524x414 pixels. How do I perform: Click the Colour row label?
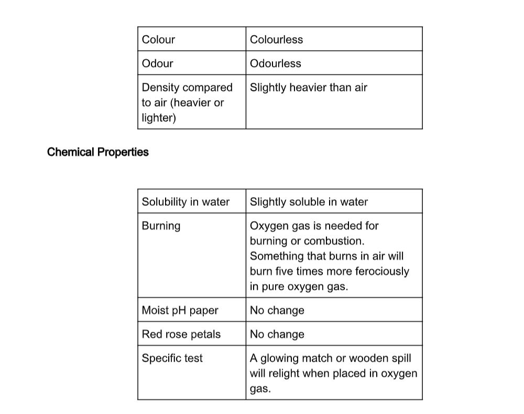point(158,39)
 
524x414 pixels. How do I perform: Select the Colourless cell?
point(276,39)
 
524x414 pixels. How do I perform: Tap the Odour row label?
point(157,63)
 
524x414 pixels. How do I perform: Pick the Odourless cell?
point(275,63)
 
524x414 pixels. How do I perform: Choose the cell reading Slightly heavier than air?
point(308,88)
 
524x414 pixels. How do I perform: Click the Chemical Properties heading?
point(98,152)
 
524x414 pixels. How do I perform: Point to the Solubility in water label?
point(185,202)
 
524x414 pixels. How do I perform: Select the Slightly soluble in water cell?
point(309,202)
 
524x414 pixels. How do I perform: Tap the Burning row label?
point(161,226)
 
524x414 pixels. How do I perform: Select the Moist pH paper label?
point(180,310)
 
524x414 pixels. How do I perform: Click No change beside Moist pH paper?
point(277,310)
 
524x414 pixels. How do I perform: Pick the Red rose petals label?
point(181,334)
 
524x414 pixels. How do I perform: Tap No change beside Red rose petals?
point(277,334)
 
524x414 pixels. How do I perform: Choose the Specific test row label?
point(172,358)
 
